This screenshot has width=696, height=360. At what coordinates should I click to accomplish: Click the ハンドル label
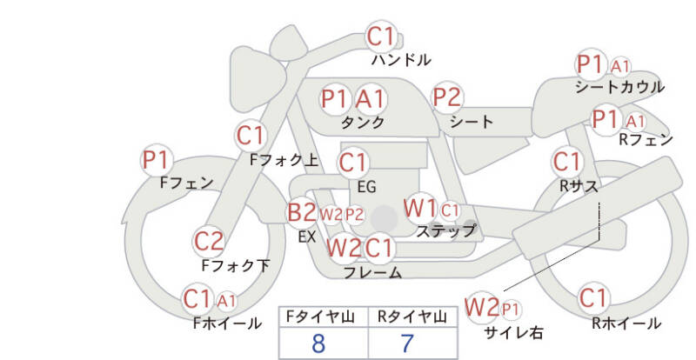pos(401,59)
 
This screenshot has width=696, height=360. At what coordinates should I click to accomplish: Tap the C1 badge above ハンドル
pos(381,37)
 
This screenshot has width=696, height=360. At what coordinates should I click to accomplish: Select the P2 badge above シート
pos(447,97)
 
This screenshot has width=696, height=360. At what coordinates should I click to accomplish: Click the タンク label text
pos(362,122)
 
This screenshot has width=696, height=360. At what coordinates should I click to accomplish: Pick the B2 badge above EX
pos(302,212)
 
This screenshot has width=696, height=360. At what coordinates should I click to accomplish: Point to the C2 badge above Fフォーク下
pos(209,242)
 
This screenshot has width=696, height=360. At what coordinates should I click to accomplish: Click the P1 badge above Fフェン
pos(157,160)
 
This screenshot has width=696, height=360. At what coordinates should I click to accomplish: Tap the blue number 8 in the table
pos(318,343)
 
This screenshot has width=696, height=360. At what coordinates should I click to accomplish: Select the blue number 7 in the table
pos(407,343)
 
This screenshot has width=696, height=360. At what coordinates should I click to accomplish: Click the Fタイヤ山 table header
pos(320,317)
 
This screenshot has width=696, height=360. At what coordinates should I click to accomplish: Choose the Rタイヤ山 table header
pos(412,317)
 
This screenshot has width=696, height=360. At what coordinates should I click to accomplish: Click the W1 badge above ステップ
pos(419,208)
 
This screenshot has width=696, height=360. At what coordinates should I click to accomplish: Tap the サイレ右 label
pos(513,332)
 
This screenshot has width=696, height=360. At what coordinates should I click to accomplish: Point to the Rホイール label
pos(626,323)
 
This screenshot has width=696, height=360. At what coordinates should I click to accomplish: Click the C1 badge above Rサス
pos(567,162)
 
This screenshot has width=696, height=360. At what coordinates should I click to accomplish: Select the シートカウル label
pos(619,87)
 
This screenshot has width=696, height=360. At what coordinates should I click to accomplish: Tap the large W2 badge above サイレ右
pos(481,307)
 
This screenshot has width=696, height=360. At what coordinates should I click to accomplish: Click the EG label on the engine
pos(366,187)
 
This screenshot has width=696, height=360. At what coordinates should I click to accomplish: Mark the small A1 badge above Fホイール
pos(226,302)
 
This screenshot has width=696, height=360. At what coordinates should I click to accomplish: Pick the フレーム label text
pos(373,272)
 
